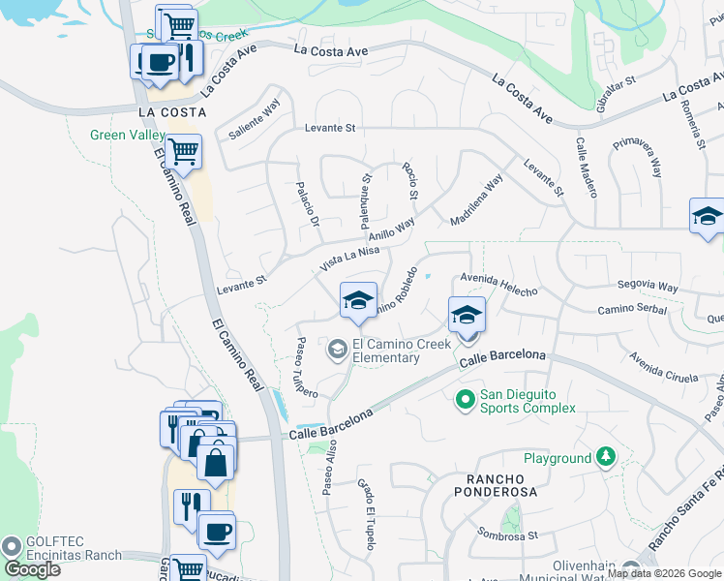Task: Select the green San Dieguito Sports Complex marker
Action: click(x=466, y=398)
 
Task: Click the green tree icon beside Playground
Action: click(x=606, y=455)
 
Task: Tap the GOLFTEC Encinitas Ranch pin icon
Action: click(x=12, y=545)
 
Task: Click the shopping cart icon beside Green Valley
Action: click(x=183, y=151)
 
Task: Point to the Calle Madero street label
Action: click(x=587, y=166)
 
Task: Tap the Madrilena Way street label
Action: click(x=477, y=199)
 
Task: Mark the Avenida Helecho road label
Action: click(x=498, y=286)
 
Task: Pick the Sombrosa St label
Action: click(x=508, y=533)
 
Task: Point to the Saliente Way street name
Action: click(x=255, y=120)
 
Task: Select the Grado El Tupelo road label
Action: click(x=365, y=514)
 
